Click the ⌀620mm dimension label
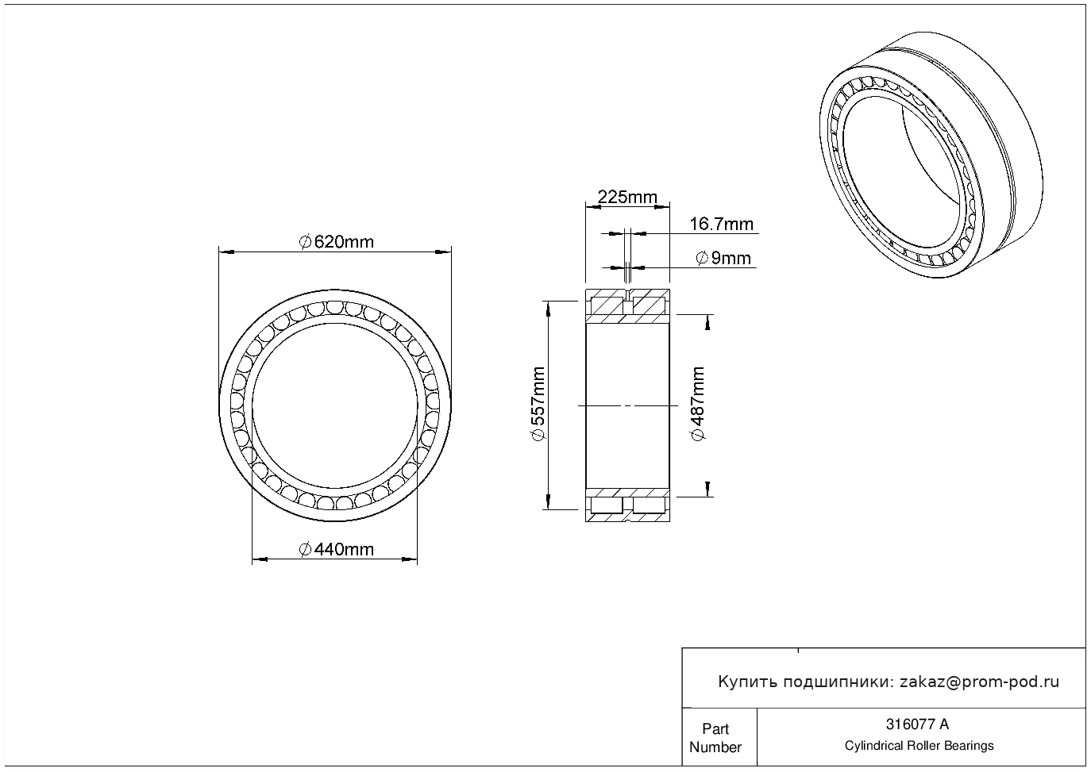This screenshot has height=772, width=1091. (336, 242)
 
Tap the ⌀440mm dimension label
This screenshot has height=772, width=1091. (336, 549)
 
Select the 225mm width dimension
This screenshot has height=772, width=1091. (627, 197)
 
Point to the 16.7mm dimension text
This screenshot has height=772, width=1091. (721, 225)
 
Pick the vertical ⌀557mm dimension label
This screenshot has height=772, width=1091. (538, 405)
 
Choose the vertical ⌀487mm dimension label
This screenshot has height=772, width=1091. (698, 404)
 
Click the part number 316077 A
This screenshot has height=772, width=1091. (916, 724)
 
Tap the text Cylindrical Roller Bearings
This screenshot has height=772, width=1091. (919, 746)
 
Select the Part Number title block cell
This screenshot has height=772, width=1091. (715, 738)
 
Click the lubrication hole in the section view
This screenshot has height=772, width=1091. (628, 299)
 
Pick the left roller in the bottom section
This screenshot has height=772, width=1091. (607, 505)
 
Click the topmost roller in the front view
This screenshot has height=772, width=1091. (334, 308)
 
